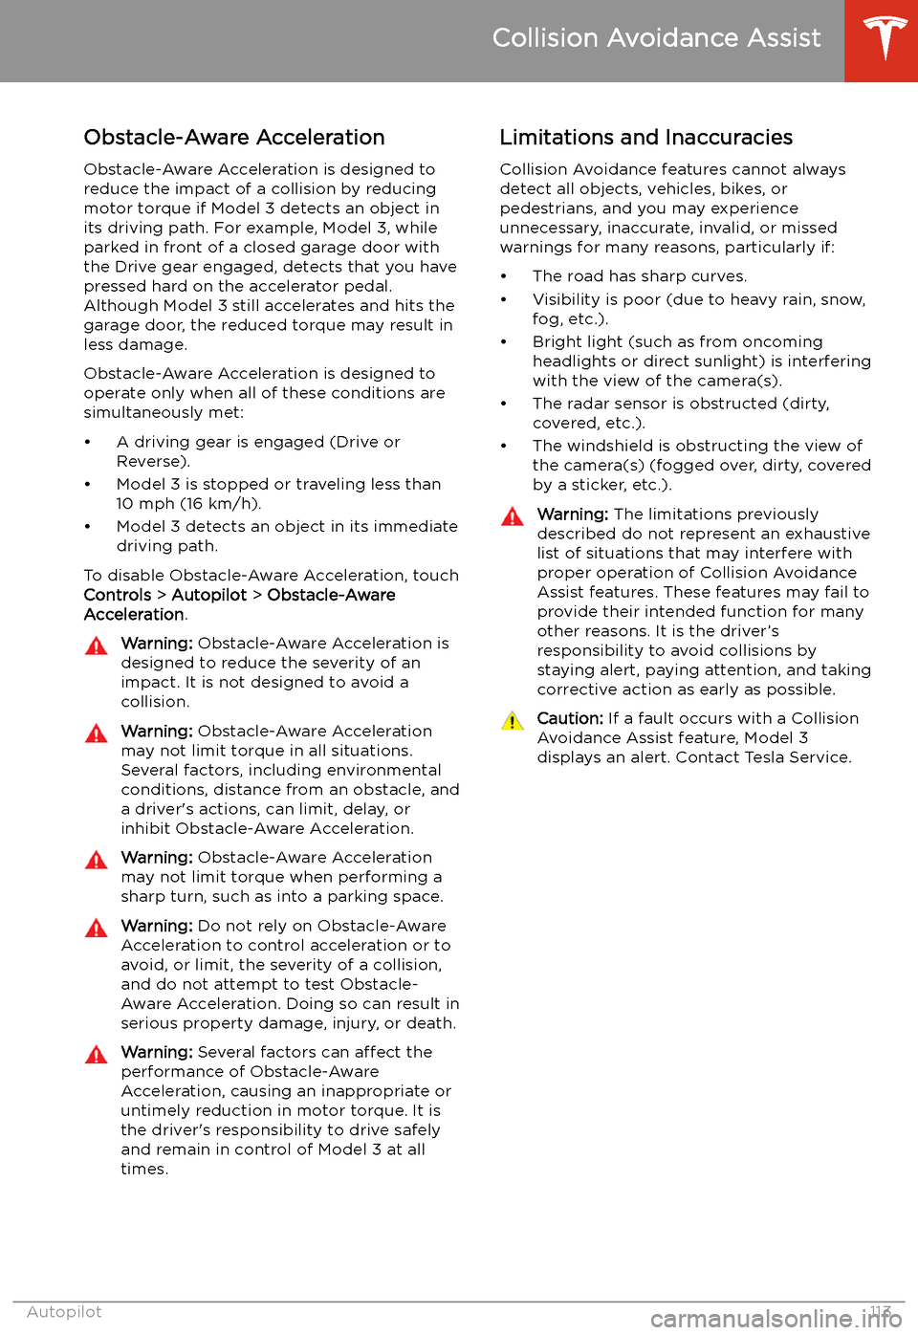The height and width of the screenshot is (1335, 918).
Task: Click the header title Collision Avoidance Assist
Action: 656,38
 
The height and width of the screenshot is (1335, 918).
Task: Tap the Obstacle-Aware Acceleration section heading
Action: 234,138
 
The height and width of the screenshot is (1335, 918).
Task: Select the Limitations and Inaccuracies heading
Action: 645,138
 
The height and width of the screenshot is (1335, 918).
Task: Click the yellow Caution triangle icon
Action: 513,721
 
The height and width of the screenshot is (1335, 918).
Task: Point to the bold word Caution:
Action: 570,718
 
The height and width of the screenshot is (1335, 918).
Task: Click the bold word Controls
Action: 118,595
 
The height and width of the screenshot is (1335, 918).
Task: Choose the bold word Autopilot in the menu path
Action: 209,595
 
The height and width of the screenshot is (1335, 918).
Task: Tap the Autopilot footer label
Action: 64,1312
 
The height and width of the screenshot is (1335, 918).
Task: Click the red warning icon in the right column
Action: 513,517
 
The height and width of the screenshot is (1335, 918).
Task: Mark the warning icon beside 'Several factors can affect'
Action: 97,1055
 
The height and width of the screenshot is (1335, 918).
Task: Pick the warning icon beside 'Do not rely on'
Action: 97,929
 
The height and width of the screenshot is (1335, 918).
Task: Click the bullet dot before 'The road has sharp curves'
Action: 504,277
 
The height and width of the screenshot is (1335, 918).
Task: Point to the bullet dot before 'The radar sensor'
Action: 504,405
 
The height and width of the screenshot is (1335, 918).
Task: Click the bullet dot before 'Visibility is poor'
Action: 504,300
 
